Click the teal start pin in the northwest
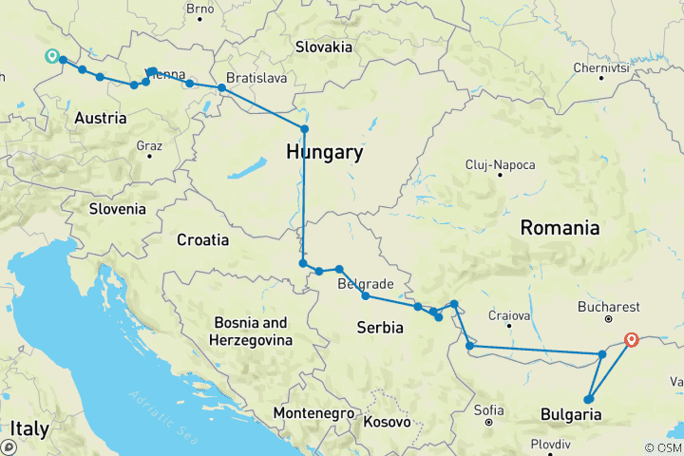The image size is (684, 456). pyautogui.click(x=51, y=56)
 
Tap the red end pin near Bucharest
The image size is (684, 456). pyautogui.click(x=633, y=338)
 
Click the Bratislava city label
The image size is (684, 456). pyautogui.click(x=256, y=78)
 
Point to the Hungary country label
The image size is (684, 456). pyautogui.click(x=324, y=152)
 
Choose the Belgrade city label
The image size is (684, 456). pyautogui.click(x=366, y=284)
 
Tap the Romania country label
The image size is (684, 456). pyautogui.click(x=560, y=228)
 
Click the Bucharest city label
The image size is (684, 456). pyautogui.click(x=608, y=308)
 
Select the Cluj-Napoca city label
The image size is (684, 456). pyautogui.click(x=501, y=165)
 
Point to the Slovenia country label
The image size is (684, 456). pyautogui.click(x=118, y=209)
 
